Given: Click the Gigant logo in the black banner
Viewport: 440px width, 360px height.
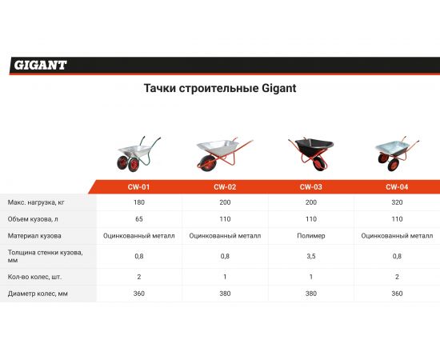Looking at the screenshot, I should click(x=40, y=65).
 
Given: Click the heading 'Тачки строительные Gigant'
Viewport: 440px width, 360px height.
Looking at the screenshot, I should click(x=219, y=88).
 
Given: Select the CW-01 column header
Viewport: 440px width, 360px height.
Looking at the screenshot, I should click(x=138, y=187).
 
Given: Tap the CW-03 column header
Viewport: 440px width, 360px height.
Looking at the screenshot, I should click(x=310, y=187).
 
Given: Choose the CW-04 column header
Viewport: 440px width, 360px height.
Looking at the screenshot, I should click(x=397, y=187).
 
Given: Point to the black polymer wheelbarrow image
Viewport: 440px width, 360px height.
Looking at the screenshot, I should click(x=310, y=152).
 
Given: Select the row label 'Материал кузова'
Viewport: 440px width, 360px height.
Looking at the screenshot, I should click(x=34, y=236).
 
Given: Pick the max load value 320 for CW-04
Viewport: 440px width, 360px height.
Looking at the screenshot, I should click(x=397, y=202).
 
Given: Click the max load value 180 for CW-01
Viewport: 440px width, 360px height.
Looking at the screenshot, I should click(x=138, y=202).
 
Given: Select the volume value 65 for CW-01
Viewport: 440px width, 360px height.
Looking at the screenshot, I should click(x=138, y=218).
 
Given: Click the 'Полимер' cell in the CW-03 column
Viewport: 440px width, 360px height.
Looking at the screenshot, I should click(x=310, y=236).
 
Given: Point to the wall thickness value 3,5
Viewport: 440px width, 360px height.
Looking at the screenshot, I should click(x=310, y=257).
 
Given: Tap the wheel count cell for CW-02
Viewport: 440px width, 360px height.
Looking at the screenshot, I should click(x=224, y=276).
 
